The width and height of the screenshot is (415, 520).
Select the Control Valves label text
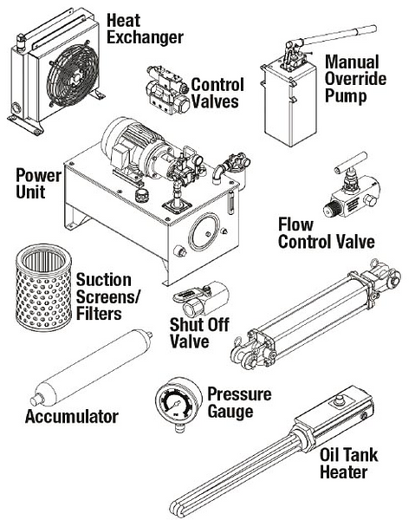tap(217, 93)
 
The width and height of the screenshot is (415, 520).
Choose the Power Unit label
tap(39, 185)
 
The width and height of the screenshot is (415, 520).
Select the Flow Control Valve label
tap(325, 233)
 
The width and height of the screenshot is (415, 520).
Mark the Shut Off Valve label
tap(190, 334)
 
